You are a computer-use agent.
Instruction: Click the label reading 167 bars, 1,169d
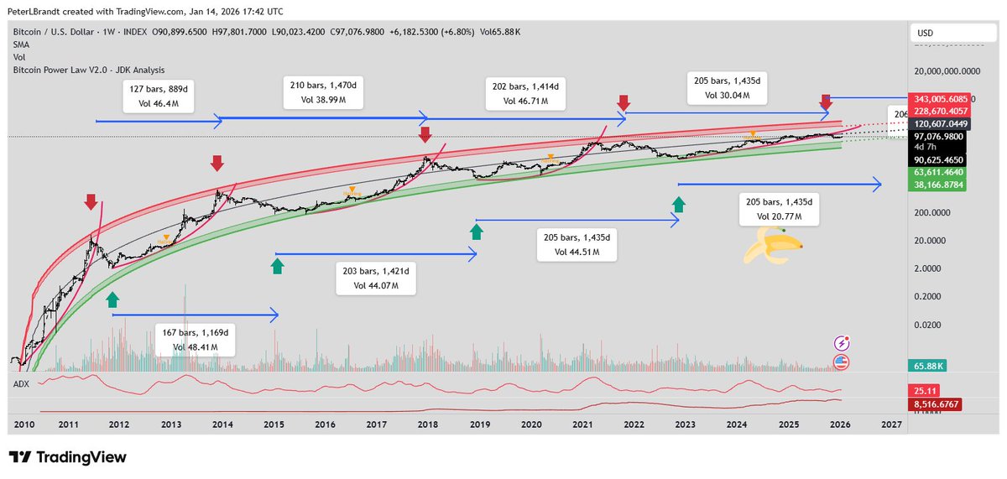tap(195, 339)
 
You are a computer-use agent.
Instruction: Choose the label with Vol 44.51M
tap(577, 244)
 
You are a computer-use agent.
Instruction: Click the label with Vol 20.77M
tap(777, 209)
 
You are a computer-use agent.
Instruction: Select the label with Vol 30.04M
tap(728, 88)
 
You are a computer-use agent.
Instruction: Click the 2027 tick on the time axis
tap(891, 425)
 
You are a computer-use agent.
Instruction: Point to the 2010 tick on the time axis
tap(23, 425)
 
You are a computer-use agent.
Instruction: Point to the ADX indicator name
tap(23, 383)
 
